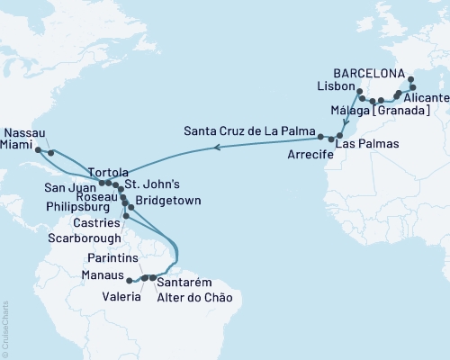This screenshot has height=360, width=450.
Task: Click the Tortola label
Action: click(109, 171)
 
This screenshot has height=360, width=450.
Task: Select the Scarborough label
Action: click(82, 238)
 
